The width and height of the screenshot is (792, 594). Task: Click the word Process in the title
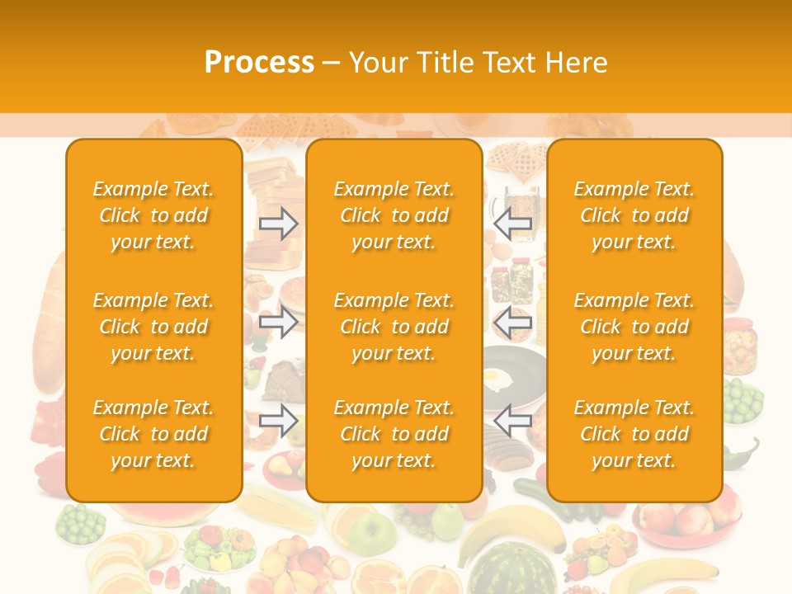[259, 63]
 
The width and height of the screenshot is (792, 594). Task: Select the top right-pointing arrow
[279, 224]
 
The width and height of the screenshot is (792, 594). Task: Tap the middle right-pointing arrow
[279, 322]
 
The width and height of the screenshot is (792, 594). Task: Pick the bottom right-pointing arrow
[279, 421]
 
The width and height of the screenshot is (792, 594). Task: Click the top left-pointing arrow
[512, 224]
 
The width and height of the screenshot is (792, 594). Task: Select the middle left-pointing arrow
[512, 322]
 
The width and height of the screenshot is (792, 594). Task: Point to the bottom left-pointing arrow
[512, 421]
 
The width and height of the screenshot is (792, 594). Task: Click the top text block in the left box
[153, 215]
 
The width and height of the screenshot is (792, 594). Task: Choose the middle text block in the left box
[153, 327]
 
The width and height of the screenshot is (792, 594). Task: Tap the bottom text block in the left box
[153, 434]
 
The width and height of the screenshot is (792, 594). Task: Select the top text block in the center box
[394, 215]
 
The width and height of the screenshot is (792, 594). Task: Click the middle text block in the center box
[394, 327]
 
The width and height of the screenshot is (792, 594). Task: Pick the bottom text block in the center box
[394, 434]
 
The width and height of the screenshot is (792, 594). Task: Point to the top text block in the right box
[634, 215]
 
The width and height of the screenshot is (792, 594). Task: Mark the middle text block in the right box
[634, 327]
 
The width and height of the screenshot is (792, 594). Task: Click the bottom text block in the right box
[634, 434]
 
